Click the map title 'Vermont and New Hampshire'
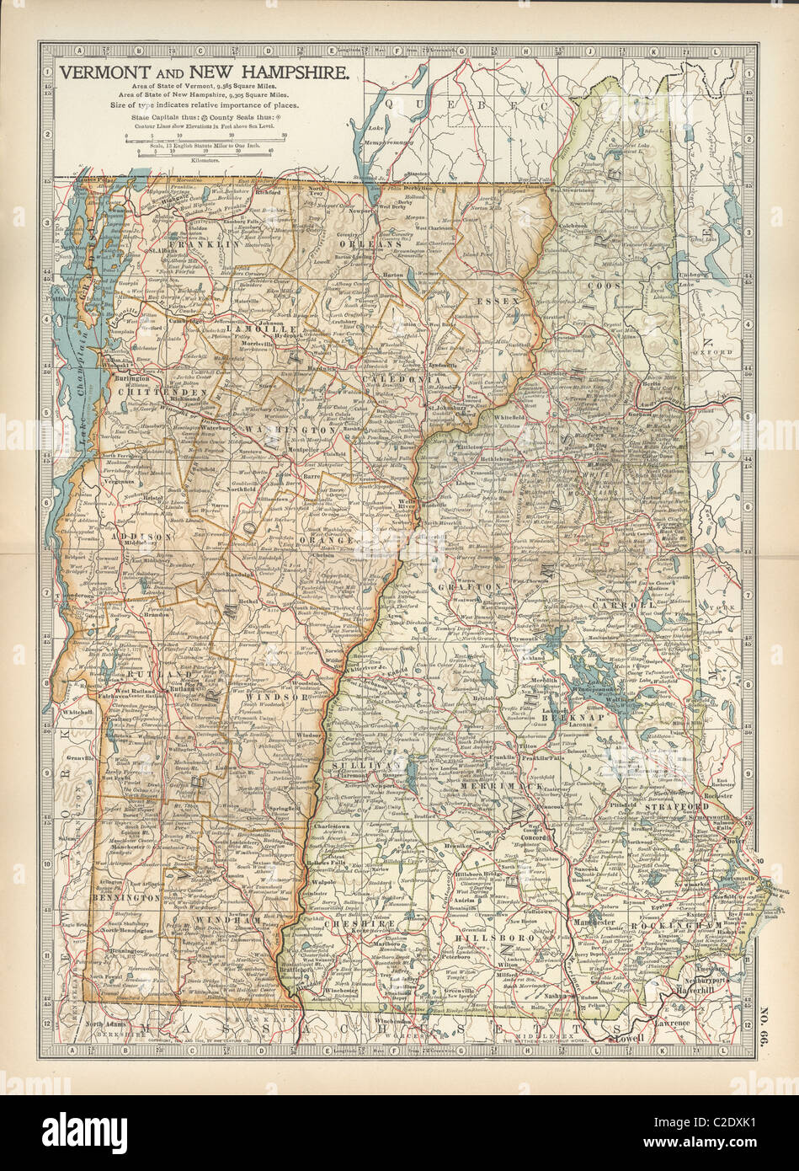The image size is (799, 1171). [x=203, y=73]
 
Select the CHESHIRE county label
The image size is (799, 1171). [x=365, y=923]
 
